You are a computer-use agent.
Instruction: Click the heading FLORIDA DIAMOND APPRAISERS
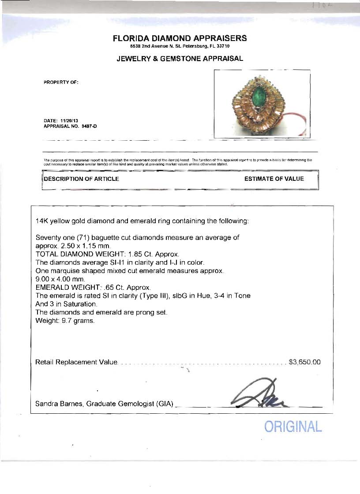(x=180, y=38)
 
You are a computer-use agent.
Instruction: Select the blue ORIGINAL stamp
(x=293, y=427)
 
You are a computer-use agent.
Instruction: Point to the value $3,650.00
(x=304, y=362)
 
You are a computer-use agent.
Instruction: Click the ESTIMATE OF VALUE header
(x=274, y=179)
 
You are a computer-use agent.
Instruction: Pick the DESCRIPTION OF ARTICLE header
(x=81, y=179)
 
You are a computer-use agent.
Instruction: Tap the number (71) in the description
(x=81, y=237)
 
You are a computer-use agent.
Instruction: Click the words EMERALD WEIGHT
(x=67, y=287)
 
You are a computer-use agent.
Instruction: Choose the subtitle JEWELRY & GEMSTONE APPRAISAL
(x=180, y=59)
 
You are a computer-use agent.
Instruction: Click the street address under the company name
(x=180, y=46)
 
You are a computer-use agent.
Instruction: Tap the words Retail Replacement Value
(x=76, y=362)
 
